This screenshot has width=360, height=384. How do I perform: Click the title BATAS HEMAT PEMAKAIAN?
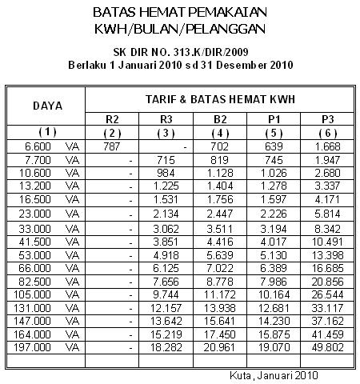click(179, 14)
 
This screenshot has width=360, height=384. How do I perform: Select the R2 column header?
click(113, 119)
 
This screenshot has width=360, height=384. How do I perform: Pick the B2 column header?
click(218, 119)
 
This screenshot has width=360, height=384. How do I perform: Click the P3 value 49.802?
click(328, 350)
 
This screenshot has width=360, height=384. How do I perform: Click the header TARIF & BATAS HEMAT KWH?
click(218, 98)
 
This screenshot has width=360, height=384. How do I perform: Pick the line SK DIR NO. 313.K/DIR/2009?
click(179, 53)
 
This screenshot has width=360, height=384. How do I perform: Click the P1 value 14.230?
click(273, 322)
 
